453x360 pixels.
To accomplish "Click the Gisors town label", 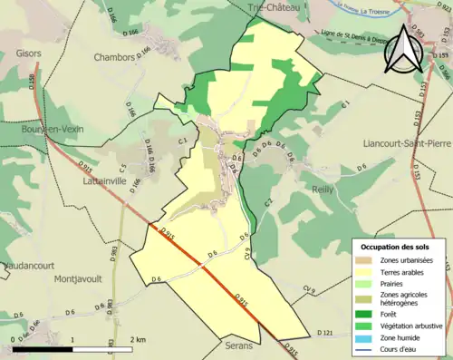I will coord(29,53).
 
